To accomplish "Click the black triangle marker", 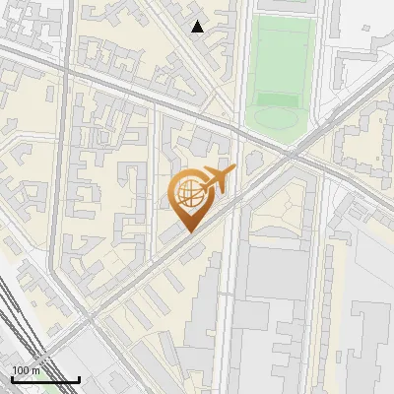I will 198,27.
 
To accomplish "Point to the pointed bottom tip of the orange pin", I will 190,231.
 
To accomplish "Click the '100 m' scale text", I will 26,370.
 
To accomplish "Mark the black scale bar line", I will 45,379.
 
